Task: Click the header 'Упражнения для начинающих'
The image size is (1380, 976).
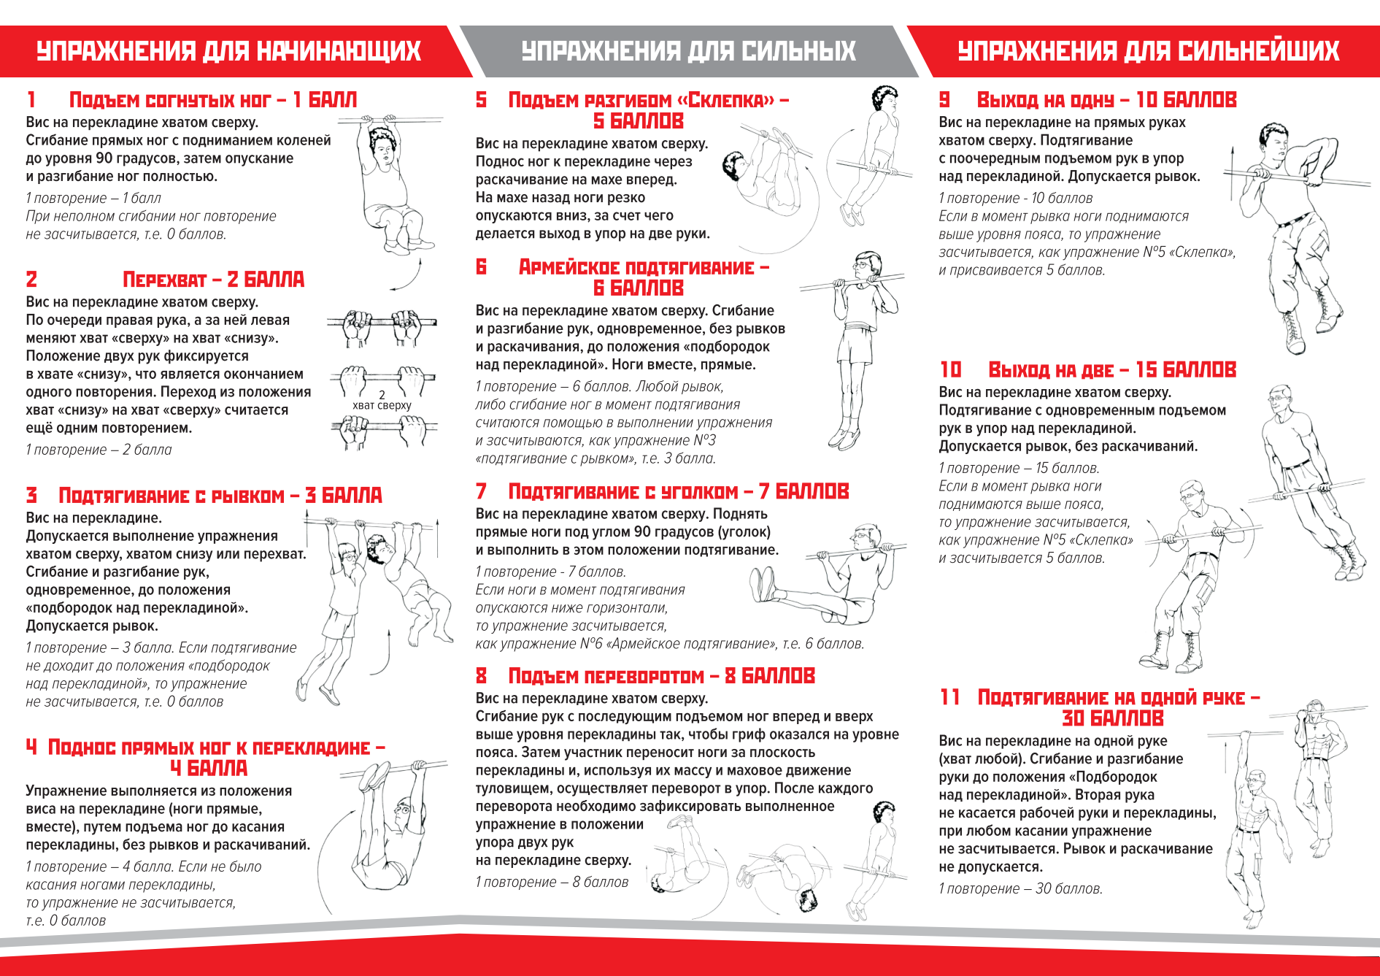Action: coord(228,51)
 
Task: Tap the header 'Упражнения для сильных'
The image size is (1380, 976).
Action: coord(688,51)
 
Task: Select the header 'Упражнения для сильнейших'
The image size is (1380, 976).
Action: coord(1148,51)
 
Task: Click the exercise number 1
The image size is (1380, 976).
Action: coord(31,99)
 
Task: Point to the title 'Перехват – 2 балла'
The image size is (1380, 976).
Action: coord(213,280)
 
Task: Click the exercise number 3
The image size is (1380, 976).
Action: coord(31,496)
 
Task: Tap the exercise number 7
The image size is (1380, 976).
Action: coord(481,491)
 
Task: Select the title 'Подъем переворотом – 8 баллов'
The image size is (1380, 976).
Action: coord(661,676)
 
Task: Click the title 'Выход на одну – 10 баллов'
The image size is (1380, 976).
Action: coord(1106,100)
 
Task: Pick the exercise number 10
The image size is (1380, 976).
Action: coord(950,370)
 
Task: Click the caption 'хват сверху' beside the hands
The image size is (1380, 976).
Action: coord(382,406)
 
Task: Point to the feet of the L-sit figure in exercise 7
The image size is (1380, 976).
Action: coord(763,585)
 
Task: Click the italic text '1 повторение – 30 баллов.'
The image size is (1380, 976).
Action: coord(1020,888)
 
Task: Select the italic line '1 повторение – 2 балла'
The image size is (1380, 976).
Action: coord(99,450)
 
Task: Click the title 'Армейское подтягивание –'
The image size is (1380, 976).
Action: coord(644,267)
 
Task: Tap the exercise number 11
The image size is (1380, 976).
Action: coord(949,697)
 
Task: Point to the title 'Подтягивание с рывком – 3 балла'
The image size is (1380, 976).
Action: coord(220,496)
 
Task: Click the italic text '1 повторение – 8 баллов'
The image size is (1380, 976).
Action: coord(552,882)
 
